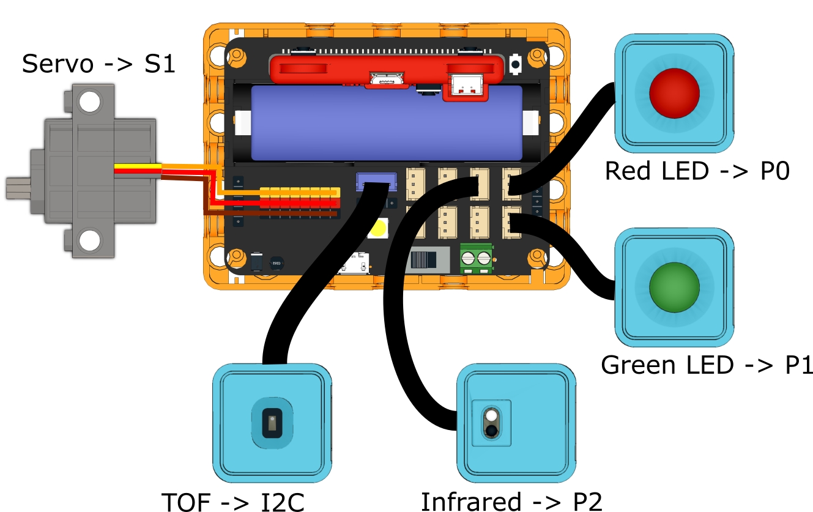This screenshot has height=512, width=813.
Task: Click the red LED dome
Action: click(674, 93)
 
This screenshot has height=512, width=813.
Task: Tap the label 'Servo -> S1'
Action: click(98, 64)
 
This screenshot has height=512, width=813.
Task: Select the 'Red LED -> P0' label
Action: click(697, 171)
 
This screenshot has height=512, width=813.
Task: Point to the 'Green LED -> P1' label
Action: click(707, 365)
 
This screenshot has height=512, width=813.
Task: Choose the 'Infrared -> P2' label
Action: click(511, 501)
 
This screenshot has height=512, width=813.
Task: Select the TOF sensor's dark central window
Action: click(272, 423)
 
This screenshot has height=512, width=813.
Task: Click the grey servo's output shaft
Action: click(15, 187)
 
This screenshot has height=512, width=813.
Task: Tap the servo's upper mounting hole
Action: click(90, 102)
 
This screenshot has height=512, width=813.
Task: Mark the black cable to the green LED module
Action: click(575, 257)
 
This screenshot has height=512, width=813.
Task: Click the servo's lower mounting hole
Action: click(90, 239)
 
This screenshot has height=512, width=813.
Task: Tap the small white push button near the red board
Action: click(516, 63)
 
